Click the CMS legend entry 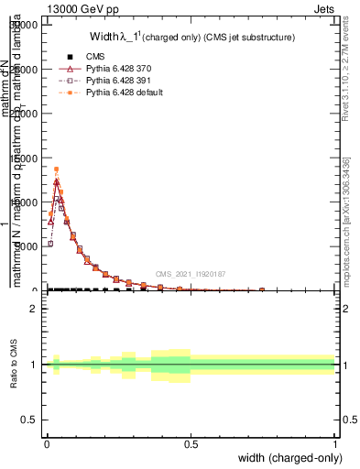(94, 57)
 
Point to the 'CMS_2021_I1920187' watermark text (191, 273)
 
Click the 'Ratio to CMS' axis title (14, 364)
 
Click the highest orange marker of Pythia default (56, 169)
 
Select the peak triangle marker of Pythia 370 (56, 181)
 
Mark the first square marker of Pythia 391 (50, 244)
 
